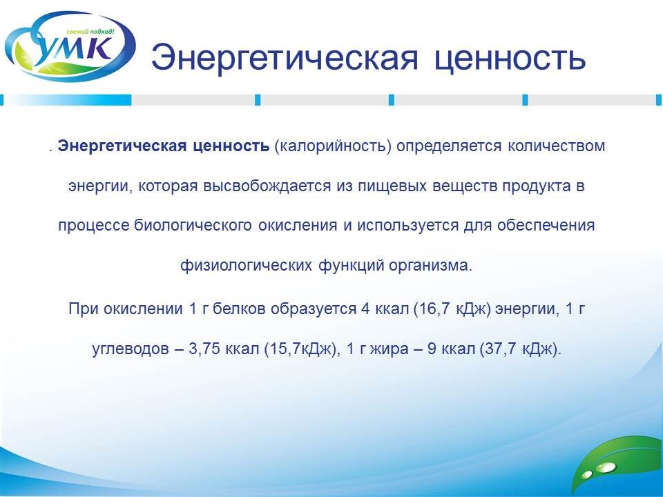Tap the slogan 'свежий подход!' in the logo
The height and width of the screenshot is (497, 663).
(90, 32)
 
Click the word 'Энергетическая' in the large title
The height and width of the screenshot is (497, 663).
(285, 58)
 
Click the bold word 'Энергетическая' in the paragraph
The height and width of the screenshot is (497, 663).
(122, 146)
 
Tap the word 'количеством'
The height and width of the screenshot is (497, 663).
(556, 146)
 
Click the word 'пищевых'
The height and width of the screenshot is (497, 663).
(392, 186)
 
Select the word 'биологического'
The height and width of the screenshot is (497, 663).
(193, 225)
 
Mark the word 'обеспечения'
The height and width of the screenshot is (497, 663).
(546, 225)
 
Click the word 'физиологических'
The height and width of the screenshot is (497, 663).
(247, 265)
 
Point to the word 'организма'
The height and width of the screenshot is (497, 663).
(430, 266)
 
